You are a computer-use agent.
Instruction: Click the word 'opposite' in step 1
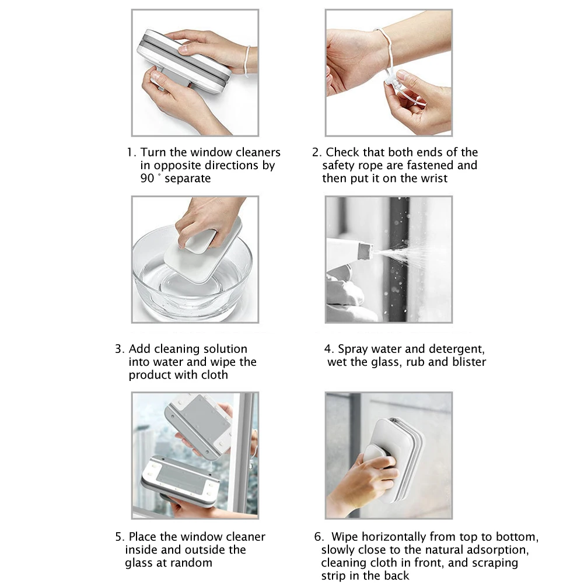click(x=177, y=166)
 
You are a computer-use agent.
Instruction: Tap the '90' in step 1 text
click(x=147, y=179)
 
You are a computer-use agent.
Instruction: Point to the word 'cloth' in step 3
click(x=215, y=375)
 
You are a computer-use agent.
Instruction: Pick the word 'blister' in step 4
click(x=468, y=362)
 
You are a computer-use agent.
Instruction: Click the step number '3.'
click(x=120, y=349)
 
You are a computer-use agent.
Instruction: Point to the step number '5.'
click(x=120, y=537)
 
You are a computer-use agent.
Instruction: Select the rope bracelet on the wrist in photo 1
click(x=247, y=61)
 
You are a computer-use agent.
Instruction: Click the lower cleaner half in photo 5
click(x=178, y=478)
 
